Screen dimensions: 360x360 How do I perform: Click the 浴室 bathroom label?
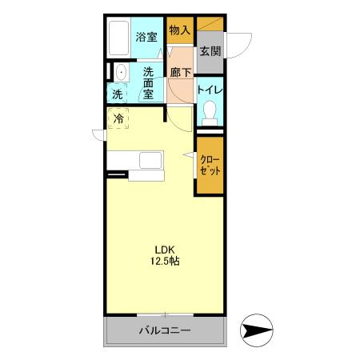point(146,36)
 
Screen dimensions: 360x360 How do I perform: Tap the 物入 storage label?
point(180,30)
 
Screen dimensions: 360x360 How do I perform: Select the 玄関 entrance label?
point(210,52)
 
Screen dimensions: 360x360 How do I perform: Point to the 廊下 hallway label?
point(181,73)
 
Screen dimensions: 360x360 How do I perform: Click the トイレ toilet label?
point(210,90)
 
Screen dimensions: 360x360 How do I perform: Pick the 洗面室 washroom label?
point(149,82)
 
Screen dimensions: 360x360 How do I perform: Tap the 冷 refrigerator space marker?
point(118,119)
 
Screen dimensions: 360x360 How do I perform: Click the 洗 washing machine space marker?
point(117,94)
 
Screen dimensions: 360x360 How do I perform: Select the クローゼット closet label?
point(210,165)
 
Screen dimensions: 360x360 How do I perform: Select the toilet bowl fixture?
point(210,112)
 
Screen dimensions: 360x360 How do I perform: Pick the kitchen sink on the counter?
point(150,160)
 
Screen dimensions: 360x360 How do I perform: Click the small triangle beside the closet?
point(190,156)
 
